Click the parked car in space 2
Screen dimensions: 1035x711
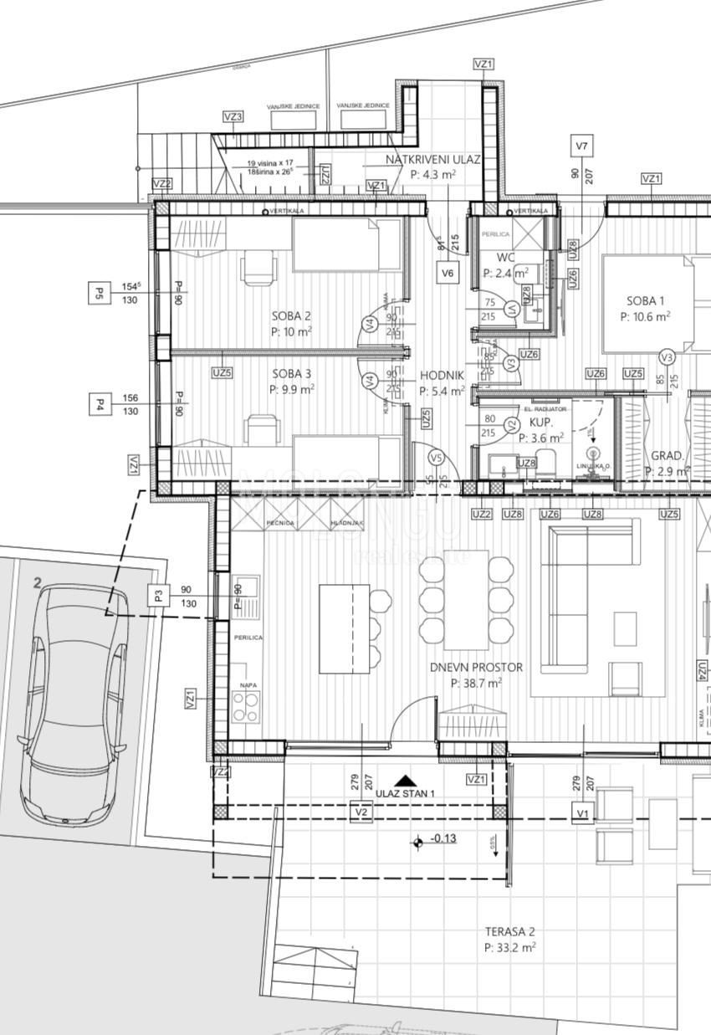click(x=74, y=703)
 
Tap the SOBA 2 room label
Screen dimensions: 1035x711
click(x=291, y=316)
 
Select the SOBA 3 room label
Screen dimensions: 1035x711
click(x=292, y=374)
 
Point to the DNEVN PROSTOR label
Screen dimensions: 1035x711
click(x=476, y=668)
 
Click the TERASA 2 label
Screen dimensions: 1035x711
click(x=509, y=931)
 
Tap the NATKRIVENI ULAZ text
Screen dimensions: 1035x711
click(x=432, y=159)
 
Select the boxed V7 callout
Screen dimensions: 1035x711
click(x=582, y=146)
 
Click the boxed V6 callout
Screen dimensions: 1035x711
click(x=448, y=272)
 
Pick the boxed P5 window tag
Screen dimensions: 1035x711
click(x=99, y=293)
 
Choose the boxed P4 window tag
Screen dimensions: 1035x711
click(x=99, y=405)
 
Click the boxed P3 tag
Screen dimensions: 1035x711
click(x=159, y=596)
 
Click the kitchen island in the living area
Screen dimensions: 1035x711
click(x=344, y=628)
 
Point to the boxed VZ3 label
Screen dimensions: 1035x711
click(x=233, y=117)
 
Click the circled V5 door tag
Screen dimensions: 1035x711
click(x=436, y=458)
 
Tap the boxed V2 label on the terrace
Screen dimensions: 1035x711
click(x=361, y=812)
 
